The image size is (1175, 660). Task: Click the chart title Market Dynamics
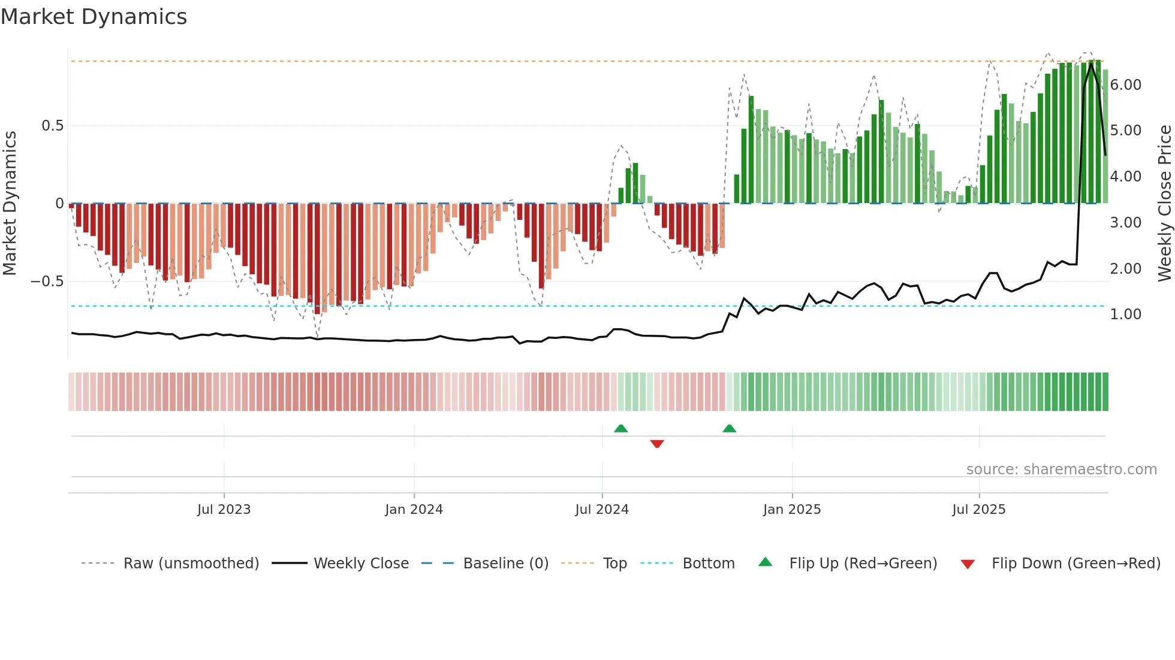94,17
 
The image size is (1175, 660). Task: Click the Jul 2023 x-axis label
224,510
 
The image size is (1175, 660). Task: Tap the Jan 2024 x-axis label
414,510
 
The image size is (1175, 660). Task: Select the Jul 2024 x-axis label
602,510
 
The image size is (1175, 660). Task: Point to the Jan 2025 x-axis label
792,510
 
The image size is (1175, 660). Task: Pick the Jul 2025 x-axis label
979,510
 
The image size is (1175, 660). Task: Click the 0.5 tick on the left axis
52,126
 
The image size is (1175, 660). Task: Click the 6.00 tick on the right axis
1125,85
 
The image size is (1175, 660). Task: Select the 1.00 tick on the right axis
1125,314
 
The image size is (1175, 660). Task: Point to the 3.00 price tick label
1125,223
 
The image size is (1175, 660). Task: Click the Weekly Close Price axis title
1164,203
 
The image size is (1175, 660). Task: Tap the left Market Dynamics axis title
10,203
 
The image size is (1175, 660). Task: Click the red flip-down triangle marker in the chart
657,444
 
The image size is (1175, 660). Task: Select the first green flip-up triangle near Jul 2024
621,429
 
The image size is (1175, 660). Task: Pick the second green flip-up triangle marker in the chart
729,429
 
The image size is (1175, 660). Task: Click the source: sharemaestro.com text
1061,470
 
